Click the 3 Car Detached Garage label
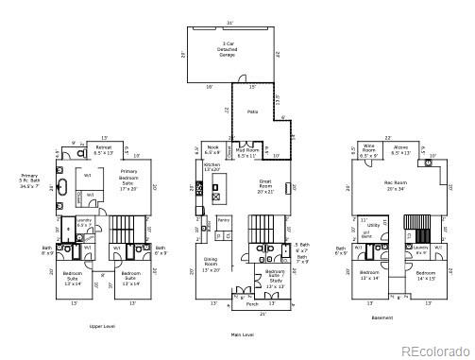click(227, 50)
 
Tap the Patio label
click(253, 111)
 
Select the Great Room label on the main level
click(266, 181)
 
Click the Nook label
click(212, 149)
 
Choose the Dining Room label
click(212, 267)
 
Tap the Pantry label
click(224, 220)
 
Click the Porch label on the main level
click(251, 304)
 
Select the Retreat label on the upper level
click(103, 149)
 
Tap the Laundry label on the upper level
click(84, 223)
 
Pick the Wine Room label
click(370, 149)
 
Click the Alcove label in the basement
click(400, 149)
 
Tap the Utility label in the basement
click(373, 225)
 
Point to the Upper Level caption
click(102, 325)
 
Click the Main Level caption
click(243, 334)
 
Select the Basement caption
click(382, 317)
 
